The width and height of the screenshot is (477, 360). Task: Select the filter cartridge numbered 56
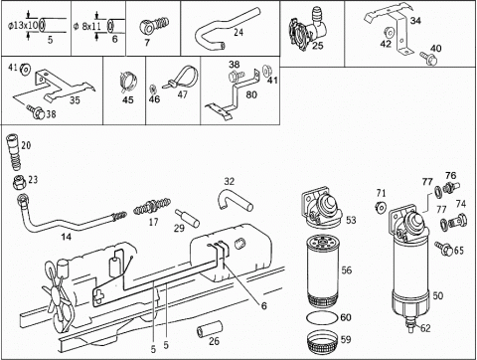(323, 270)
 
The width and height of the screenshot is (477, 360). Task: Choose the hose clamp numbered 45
(128, 82)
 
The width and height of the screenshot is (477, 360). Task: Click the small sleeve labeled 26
(210, 328)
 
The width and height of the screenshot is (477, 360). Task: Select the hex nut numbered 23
(20, 182)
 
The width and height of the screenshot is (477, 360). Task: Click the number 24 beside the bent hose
(238, 32)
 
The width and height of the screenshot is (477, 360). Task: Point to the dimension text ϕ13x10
(23, 26)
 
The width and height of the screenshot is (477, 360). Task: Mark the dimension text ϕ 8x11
(86, 26)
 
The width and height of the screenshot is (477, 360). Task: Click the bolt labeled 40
(429, 59)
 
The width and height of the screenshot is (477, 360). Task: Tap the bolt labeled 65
(444, 249)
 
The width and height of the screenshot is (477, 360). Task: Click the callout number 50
(438, 295)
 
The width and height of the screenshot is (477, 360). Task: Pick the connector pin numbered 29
(187, 218)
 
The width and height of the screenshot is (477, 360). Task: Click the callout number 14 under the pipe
(66, 237)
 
